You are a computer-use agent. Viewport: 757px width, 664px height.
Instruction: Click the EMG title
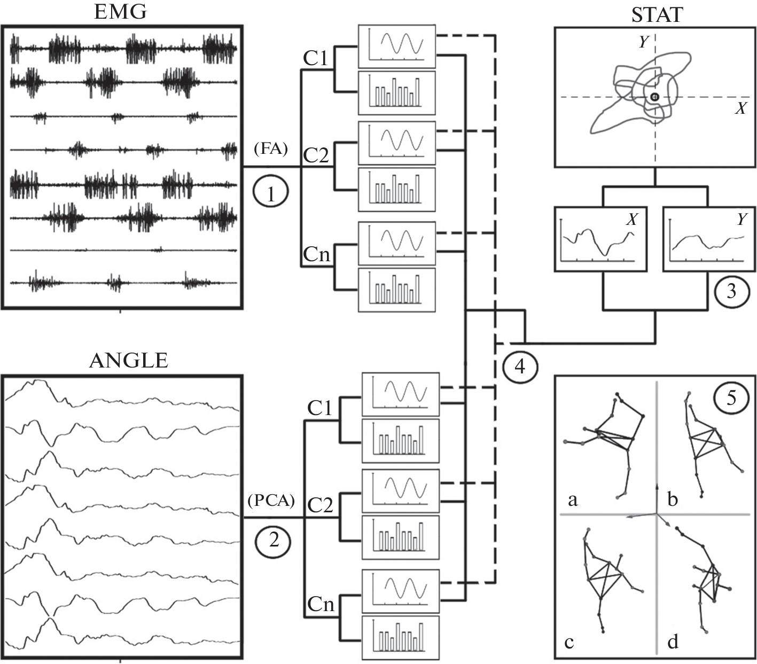(x=120, y=12)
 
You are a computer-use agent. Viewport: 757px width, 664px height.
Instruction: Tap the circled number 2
(x=274, y=540)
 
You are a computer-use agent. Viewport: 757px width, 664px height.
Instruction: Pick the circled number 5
(x=731, y=397)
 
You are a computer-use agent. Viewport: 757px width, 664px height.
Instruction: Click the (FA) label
(x=272, y=150)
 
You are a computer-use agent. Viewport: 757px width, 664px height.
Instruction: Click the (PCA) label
(x=272, y=501)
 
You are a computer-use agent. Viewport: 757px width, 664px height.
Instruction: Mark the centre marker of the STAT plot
(x=655, y=97)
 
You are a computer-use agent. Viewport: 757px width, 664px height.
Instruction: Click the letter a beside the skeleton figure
(x=573, y=500)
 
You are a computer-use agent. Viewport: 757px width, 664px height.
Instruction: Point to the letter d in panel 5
(x=673, y=640)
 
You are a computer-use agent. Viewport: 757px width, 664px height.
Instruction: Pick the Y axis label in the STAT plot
(x=644, y=42)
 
